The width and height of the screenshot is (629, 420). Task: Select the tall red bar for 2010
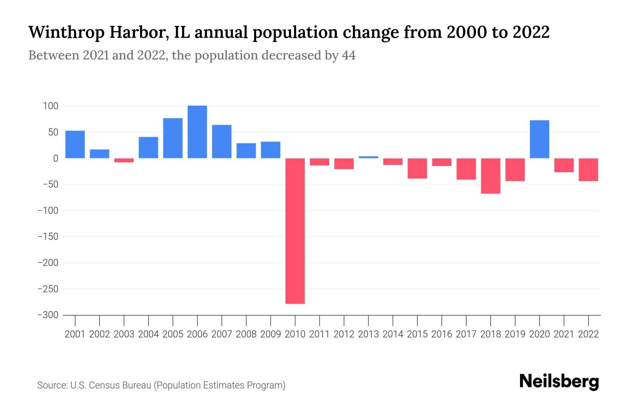pos(295,231)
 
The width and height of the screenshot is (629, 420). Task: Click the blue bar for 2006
pos(197,132)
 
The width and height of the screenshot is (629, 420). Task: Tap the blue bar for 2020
pos(539,139)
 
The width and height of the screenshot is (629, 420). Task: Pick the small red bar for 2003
pos(124,160)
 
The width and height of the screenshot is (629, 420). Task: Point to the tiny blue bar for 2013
pos(368,157)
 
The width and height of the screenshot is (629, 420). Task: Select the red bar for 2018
pos(491,176)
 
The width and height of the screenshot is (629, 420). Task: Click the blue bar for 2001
pos(75,145)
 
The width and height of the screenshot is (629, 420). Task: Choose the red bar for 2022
pos(588,169)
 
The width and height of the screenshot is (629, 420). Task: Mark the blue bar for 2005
pos(173,138)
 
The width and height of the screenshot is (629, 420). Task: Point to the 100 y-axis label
pos(51,106)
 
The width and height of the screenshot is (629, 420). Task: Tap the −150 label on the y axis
pos(48,237)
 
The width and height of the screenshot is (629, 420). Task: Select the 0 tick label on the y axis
pos(56,159)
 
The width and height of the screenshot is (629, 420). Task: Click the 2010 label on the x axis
pos(295,334)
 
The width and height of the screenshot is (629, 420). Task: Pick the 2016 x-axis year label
pos(442,334)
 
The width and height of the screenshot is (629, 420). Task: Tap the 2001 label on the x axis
pos(75,334)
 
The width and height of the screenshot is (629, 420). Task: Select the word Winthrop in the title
pos(66,32)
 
